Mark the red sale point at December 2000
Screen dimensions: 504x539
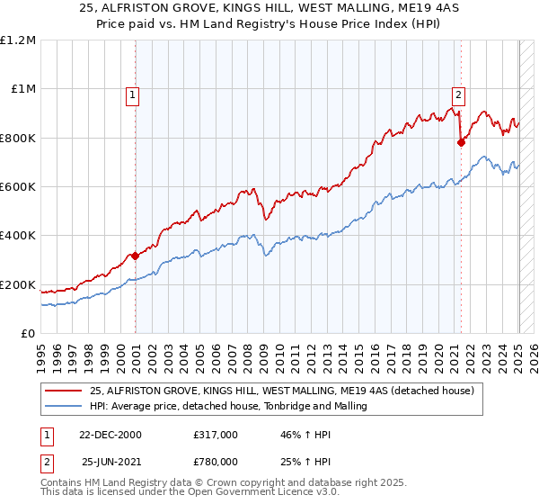click(x=136, y=256)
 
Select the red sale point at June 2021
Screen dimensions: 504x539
click(x=461, y=142)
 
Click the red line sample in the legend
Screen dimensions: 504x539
click(x=64, y=390)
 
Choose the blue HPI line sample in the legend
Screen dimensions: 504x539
click(x=64, y=406)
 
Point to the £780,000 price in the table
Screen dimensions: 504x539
click(x=215, y=461)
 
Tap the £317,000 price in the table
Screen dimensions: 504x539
click(x=215, y=434)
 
